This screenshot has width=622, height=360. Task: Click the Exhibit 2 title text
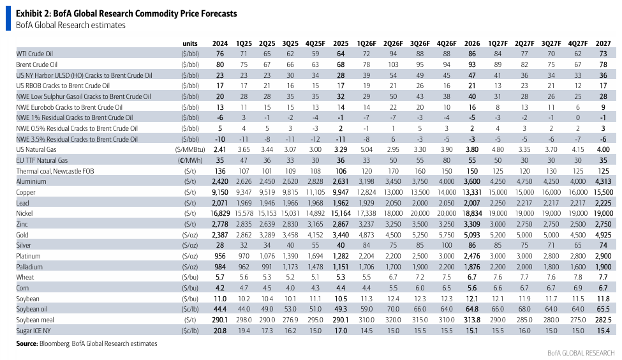point(126,13)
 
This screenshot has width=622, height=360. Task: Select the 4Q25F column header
point(315,43)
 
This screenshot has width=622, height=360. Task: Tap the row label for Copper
point(26,192)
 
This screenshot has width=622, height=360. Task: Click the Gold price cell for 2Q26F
point(393,235)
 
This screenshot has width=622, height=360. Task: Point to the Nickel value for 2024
point(220,214)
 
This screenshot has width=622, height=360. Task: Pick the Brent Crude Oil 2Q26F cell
point(393,64)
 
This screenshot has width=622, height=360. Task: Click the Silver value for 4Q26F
point(447,245)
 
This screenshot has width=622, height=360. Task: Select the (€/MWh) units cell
point(190,160)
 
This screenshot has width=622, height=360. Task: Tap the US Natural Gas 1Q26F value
point(366,149)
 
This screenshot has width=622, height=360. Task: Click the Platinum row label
point(28,256)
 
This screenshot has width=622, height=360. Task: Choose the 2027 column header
point(603,43)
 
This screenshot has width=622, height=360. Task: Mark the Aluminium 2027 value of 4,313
point(603,181)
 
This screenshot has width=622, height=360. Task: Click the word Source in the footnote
point(27,343)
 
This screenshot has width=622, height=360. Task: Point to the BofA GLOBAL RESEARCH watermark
point(581,353)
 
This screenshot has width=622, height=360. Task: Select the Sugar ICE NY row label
point(33,331)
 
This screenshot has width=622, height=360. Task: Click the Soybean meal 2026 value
point(472,320)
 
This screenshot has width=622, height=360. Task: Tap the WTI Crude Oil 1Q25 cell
point(244,54)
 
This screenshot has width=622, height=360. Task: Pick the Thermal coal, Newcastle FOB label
point(55,171)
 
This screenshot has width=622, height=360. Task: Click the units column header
point(190,43)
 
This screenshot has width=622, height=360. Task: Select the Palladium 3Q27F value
point(551,267)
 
